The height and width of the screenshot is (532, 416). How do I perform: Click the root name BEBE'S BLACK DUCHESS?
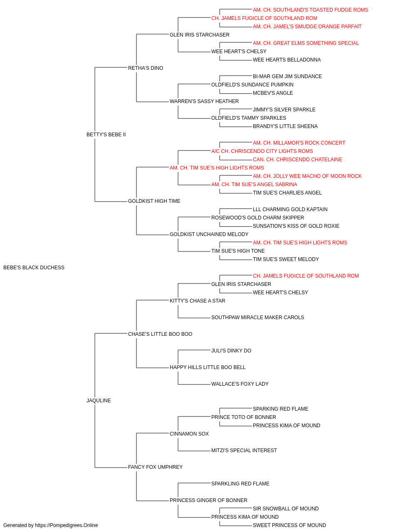34,268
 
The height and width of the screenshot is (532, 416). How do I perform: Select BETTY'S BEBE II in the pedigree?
106,135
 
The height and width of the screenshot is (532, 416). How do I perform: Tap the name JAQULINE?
99,401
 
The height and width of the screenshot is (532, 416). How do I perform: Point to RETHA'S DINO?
146,68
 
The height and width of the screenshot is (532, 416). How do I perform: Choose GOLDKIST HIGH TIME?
154,201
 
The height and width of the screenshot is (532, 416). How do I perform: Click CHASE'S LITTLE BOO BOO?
160,334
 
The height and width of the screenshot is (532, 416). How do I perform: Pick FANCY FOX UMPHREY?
155,467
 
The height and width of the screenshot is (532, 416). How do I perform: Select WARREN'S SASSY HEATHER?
204,101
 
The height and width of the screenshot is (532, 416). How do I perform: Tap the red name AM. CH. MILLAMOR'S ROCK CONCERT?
299,143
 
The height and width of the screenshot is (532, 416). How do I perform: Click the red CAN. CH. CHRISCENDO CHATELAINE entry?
297,159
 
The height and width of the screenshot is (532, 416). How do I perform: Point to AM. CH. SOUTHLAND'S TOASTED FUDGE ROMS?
310,10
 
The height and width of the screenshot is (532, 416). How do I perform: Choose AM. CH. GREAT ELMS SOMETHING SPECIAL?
306,43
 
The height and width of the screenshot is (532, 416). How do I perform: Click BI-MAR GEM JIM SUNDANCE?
287,76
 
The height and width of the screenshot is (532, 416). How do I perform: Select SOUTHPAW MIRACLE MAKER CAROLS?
258,317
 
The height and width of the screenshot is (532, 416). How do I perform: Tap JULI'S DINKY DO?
231,351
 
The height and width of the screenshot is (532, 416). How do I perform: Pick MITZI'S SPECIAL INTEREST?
244,450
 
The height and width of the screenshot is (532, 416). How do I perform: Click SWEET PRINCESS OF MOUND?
290,525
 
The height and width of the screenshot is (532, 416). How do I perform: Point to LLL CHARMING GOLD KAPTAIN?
290,209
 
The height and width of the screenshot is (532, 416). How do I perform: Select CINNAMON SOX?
189,433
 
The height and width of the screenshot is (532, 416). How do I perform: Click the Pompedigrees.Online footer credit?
50,525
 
